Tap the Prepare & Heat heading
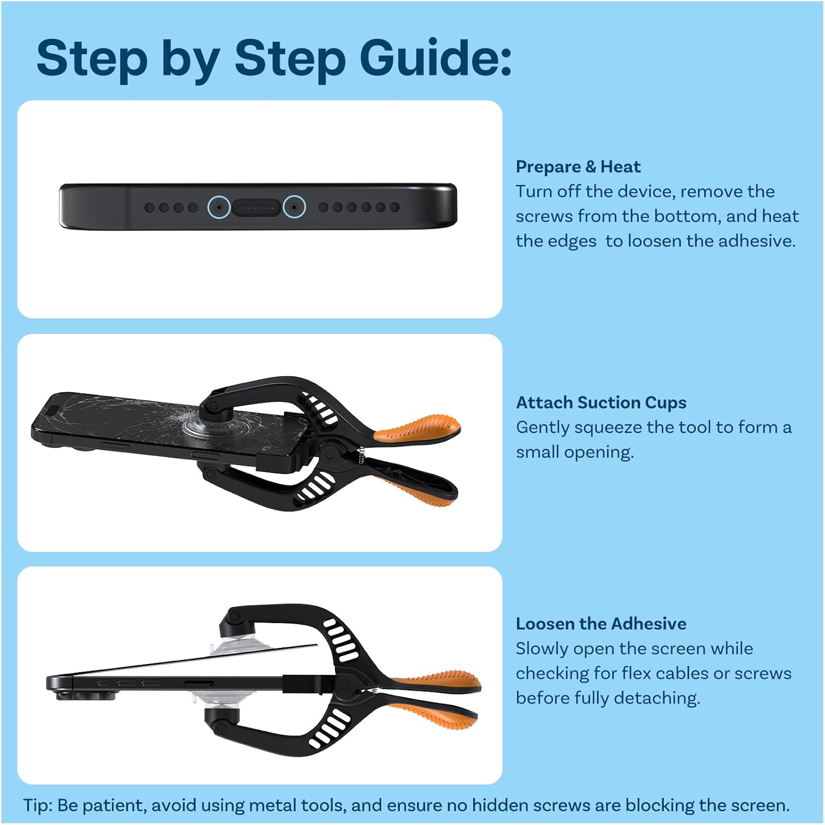[x=578, y=166]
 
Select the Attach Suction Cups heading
[x=601, y=403]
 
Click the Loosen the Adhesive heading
[x=601, y=624]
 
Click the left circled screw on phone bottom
[x=219, y=207]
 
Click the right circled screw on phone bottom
[x=294, y=207]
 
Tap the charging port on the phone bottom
[x=257, y=207]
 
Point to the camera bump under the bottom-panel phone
[x=86, y=696]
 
